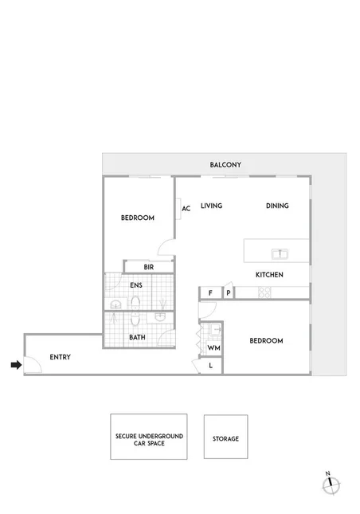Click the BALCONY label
[x=225, y=165]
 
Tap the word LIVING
[x=211, y=206]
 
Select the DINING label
[x=277, y=206]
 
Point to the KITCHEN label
[x=269, y=275]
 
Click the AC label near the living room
[x=186, y=209]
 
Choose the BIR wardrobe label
[x=148, y=267]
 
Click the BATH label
[x=137, y=337]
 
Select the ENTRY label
[x=60, y=357]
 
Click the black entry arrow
[x=14, y=366]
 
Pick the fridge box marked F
[x=210, y=293]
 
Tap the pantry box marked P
[x=228, y=293]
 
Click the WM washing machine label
[x=213, y=348]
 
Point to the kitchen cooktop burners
[x=265, y=293]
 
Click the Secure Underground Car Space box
[x=149, y=437]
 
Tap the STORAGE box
[x=225, y=437]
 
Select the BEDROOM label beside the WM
[x=266, y=341]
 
